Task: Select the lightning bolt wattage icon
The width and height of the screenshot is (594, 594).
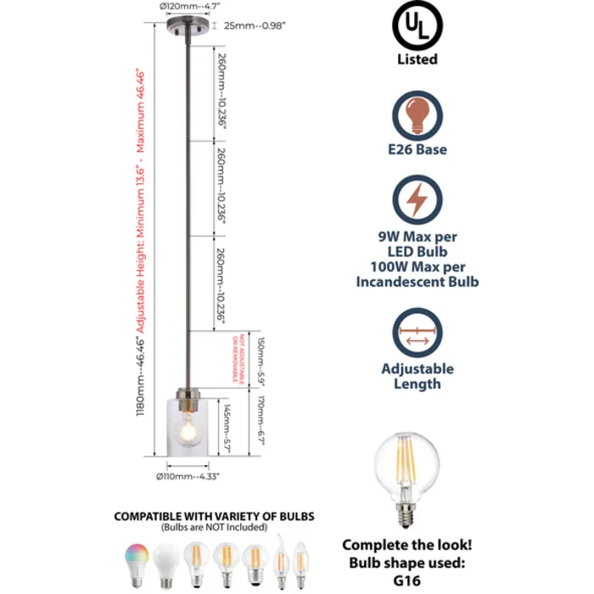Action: point(417,200)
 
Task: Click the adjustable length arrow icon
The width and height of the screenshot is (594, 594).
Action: point(417,332)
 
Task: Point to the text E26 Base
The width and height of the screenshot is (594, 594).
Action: point(417,149)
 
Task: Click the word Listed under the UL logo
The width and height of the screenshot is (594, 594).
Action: point(417,59)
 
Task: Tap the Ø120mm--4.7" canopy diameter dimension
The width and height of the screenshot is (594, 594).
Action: point(188,7)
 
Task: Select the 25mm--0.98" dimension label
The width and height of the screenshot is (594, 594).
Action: point(255,25)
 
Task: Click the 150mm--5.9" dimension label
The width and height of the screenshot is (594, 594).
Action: point(262,361)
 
